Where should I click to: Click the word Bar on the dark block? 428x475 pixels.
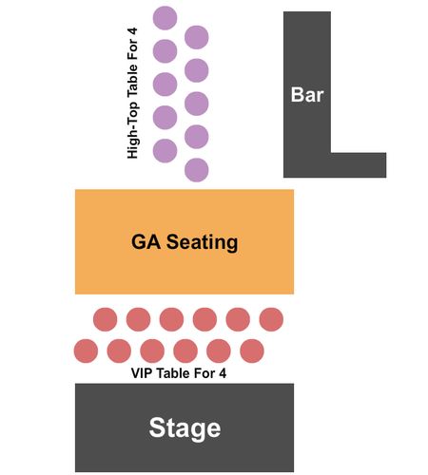[x=307, y=94]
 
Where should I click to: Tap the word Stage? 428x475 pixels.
[x=185, y=428]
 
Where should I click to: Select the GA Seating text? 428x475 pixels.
[x=185, y=242]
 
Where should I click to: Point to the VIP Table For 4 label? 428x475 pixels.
[x=179, y=373]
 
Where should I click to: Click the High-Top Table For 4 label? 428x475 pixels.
[x=132, y=93]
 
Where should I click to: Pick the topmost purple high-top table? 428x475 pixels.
[x=165, y=18]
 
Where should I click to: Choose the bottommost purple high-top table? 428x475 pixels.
[x=197, y=170]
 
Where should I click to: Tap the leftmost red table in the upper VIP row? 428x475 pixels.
[x=106, y=319]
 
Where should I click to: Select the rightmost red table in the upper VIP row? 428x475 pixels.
[x=271, y=319]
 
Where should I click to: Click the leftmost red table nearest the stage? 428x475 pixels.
[x=86, y=351]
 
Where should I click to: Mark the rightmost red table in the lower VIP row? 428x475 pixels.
[x=252, y=351]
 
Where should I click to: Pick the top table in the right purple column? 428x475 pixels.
[x=197, y=37]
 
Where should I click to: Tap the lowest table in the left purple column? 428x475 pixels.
[x=165, y=151]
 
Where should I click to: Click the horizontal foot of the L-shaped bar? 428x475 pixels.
[x=359, y=165]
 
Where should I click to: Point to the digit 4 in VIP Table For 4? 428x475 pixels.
[x=223, y=373]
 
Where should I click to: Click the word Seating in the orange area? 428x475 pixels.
[x=203, y=242]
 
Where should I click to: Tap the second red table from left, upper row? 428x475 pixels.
[x=138, y=319]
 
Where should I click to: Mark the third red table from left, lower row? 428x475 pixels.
[x=152, y=351]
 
